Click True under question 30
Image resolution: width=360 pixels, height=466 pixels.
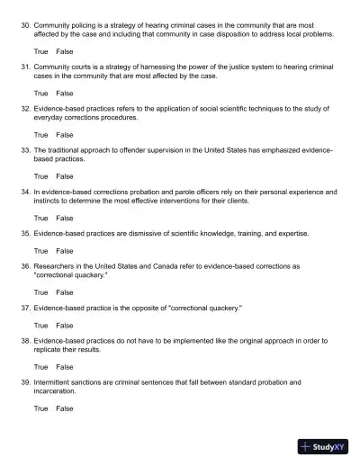point(41,51)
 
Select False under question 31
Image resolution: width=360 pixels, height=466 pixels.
point(65,93)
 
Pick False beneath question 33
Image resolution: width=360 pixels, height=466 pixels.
point(65,175)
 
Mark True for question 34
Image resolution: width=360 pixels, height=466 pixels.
point(41,217)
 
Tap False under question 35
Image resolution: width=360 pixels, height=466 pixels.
point(65,251)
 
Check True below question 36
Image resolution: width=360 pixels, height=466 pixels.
point(41,292)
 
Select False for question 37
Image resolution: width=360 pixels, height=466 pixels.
point(65,325)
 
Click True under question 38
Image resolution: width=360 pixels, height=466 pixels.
point(41,367)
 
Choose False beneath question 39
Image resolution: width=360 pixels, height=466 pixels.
point(65,408)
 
